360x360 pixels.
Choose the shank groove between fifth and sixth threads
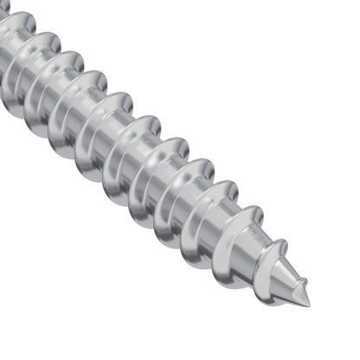click(130, 145)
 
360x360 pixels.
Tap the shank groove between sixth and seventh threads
click(101, 121)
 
